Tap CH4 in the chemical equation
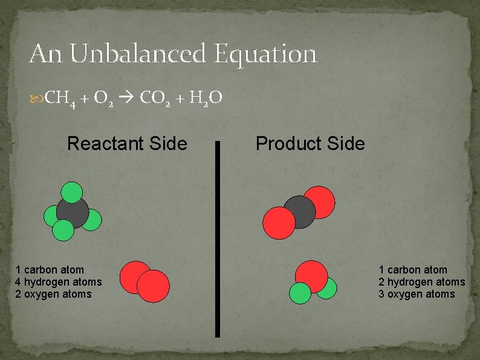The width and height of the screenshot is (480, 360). (60, 97)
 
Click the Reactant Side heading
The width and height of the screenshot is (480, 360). (127, 144)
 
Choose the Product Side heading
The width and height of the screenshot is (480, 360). (310, 144)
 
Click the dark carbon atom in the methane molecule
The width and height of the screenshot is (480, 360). (73, 211)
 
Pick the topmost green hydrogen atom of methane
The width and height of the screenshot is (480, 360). (72, 192)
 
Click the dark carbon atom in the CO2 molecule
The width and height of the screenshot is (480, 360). (299, 212)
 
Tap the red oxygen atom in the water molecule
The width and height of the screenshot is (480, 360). (311, 275)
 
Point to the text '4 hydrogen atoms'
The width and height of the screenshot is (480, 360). (59, 282)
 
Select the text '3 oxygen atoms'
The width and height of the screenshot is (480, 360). (417, 294)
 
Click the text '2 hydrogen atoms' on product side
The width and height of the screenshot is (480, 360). (422, 282)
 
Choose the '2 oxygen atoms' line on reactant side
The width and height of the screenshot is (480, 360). (54, 294)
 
